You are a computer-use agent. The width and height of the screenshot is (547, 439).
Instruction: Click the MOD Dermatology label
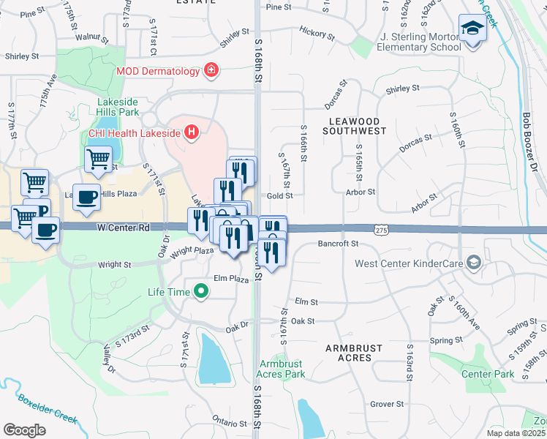(x=158, y=71)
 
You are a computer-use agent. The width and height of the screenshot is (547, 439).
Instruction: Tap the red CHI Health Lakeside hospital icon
(x=192, y=132)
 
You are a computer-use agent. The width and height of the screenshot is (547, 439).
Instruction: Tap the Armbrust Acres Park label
(x=283, y=369)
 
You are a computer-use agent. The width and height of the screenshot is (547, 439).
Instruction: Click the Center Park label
(x=488, y=374)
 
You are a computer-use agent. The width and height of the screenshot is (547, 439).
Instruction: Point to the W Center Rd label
(x=124, y=228)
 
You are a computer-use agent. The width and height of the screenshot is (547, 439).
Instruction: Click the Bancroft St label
(x=338, y=243)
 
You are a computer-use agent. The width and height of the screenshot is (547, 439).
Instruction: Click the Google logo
(x=24, y=429)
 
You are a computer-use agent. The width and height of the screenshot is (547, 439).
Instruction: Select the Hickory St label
(x=317, y=33)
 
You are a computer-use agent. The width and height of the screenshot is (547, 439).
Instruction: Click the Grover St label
(x=387, y=403)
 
